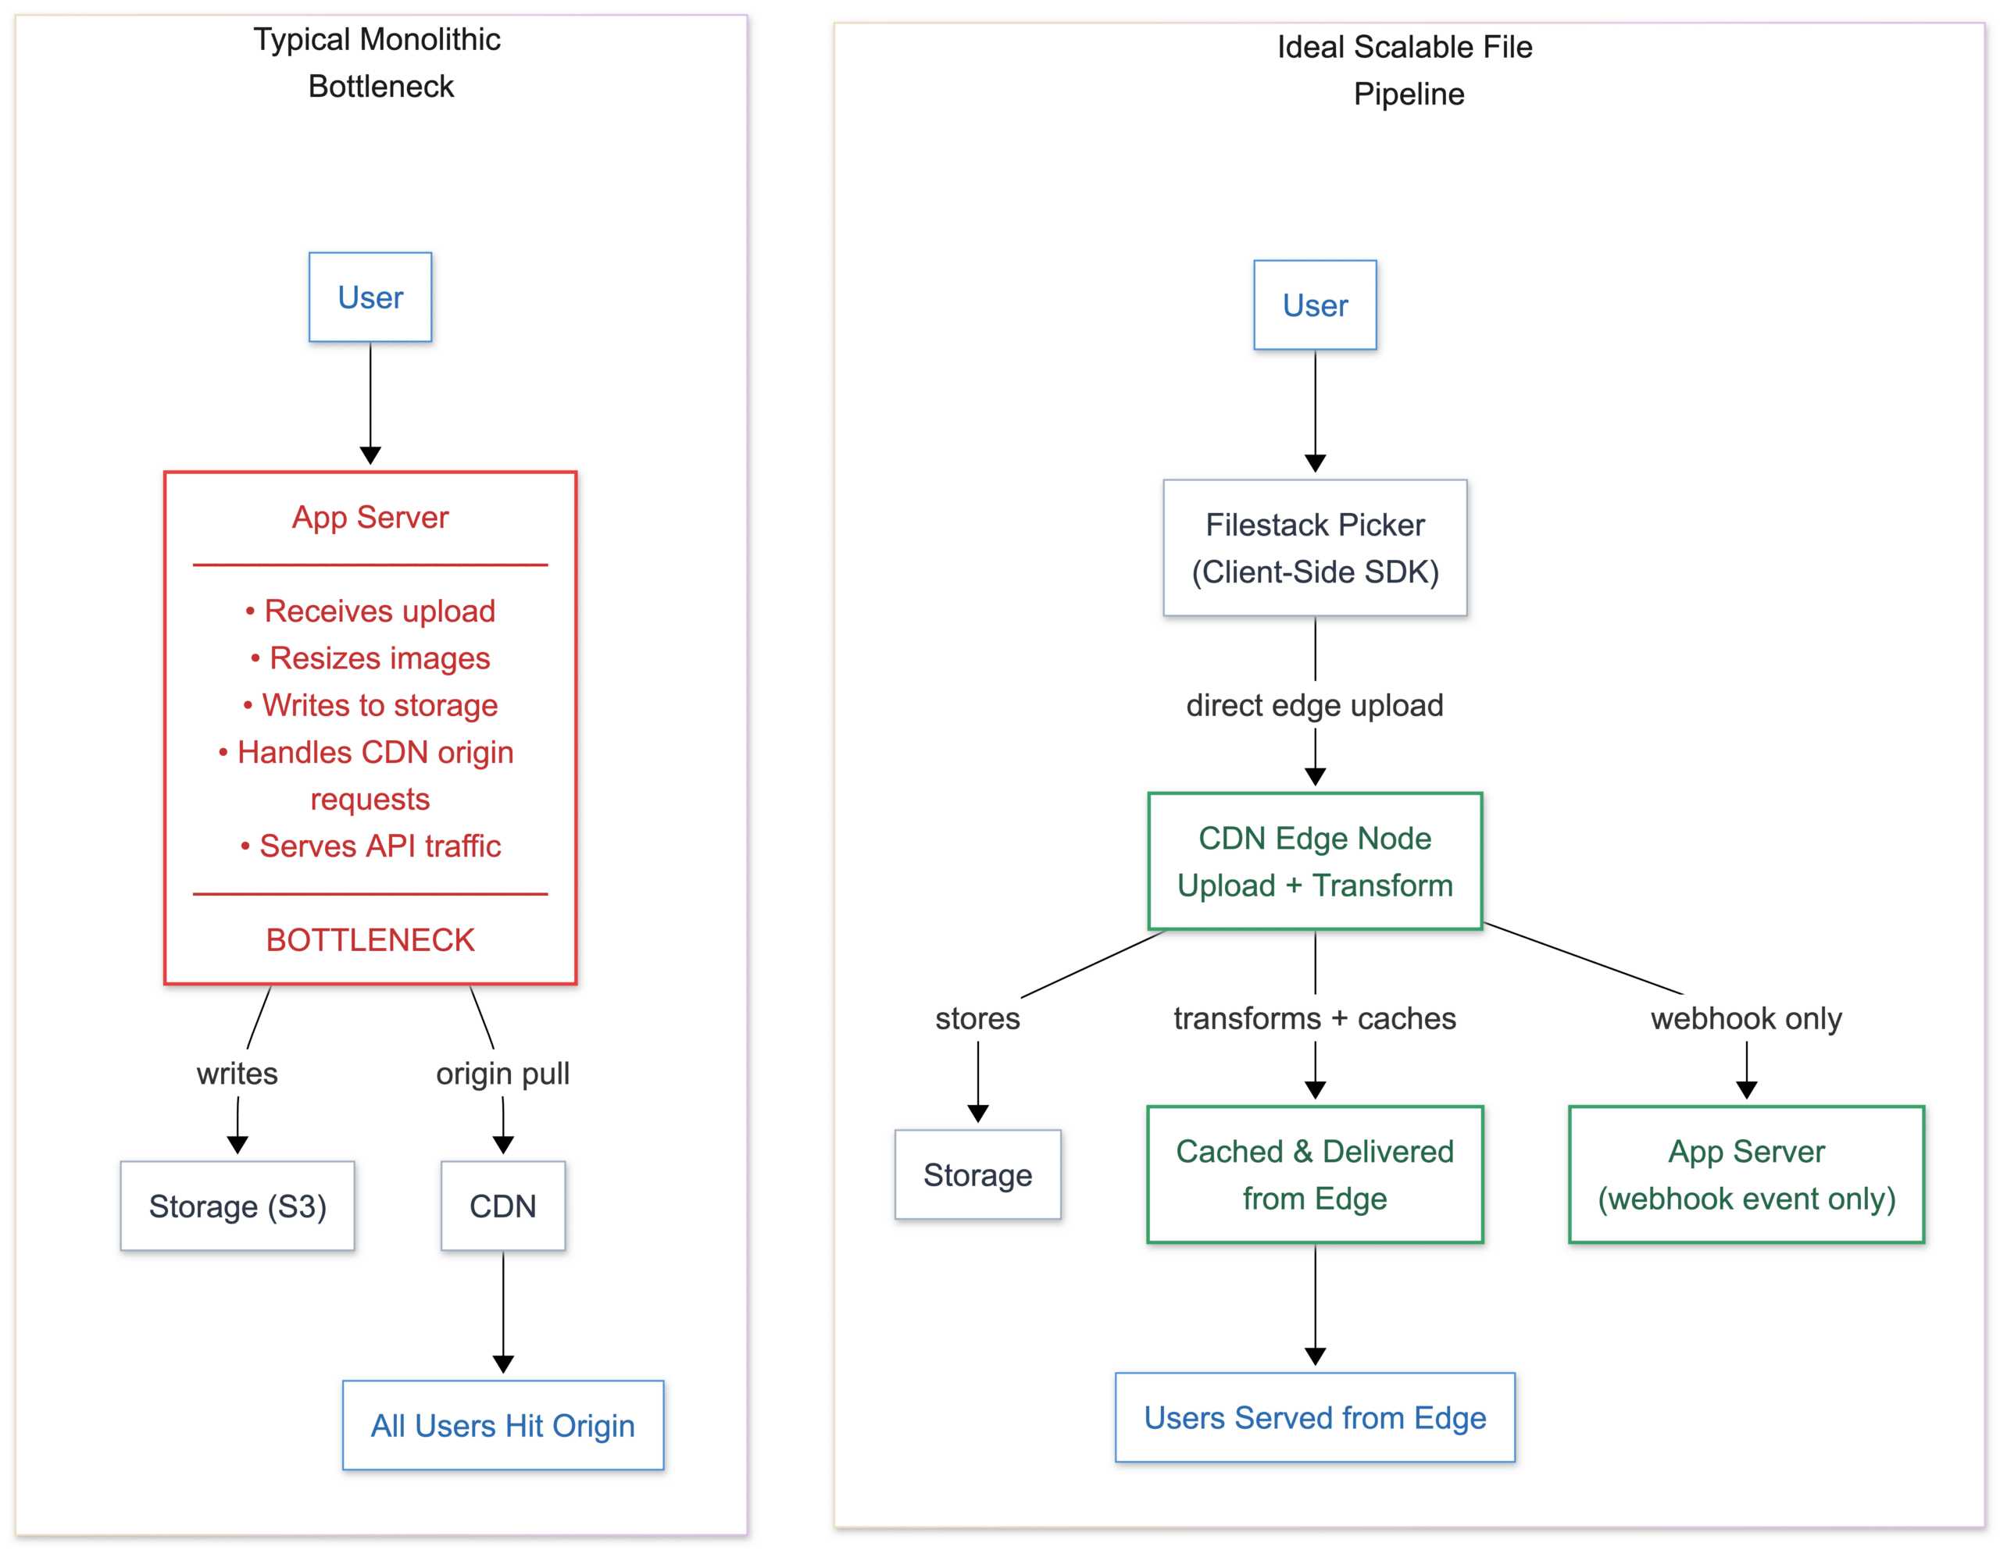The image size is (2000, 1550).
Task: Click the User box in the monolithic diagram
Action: point(370,298)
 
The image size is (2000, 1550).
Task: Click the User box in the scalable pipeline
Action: point(1314,305)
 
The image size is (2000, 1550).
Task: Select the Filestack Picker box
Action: point(1314,547)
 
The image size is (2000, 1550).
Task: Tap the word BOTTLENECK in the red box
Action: point(370,939)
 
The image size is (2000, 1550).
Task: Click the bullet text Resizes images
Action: point(378,657)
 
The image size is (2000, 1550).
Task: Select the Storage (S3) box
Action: point(237,1206)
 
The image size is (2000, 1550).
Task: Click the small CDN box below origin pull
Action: point(503,1206)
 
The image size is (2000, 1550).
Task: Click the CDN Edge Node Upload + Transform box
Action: point(1314,861)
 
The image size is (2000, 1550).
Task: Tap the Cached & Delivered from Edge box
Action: point(1314,1174)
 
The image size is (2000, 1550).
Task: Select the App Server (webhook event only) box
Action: point(1745,1174)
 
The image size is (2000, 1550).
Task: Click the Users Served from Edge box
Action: point(1314,1416)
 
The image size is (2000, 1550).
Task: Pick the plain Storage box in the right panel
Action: point(977,1174)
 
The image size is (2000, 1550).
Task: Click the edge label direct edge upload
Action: point(1314,705)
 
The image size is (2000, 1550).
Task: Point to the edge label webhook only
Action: point(1745,1018)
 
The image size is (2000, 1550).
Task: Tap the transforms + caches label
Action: point(1314,1018)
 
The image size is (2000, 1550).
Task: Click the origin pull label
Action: point(503,1073)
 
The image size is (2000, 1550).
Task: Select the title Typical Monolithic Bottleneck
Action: point(377,62)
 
